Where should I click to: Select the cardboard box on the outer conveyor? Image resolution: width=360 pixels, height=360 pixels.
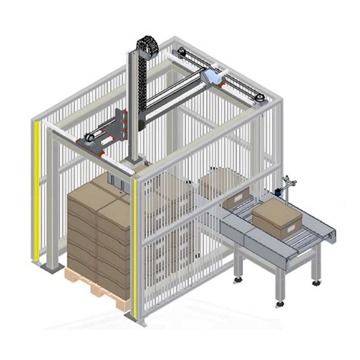[279, 217]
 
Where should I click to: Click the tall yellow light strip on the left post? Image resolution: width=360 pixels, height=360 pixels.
[36, 190]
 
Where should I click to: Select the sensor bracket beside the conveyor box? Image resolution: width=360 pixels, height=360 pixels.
[286, 187]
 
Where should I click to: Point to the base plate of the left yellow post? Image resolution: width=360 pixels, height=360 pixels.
[50, 268]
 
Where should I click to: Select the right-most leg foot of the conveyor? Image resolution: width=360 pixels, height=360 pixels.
[316, 283]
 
